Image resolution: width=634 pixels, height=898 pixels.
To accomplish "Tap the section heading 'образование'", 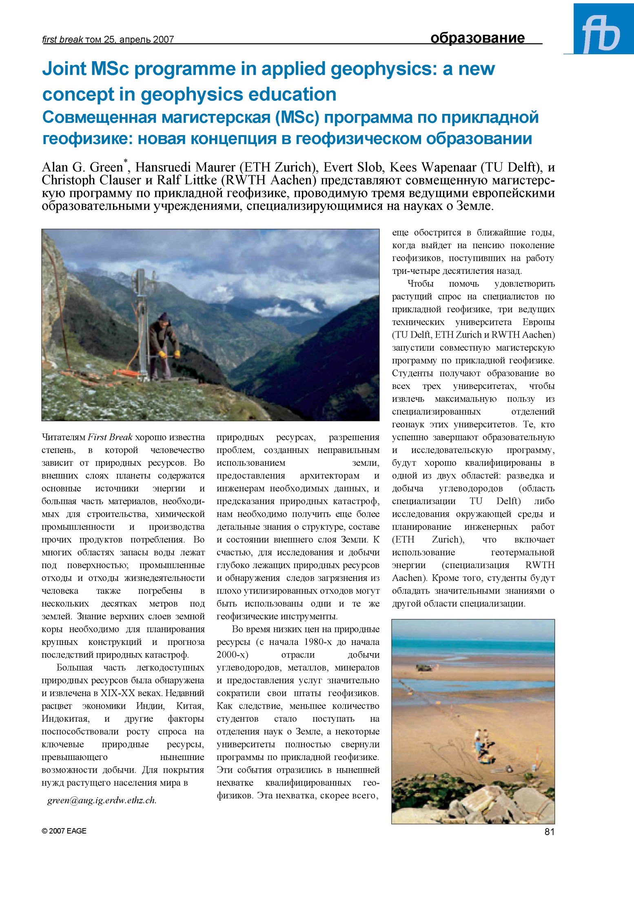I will [477, 38].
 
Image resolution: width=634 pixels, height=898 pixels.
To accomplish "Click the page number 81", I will [549, 831].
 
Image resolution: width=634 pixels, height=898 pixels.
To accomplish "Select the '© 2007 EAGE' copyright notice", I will [64, 831].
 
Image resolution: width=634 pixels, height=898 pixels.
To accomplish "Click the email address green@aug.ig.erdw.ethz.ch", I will [102, 800].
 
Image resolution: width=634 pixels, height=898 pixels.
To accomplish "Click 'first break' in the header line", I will [62, 40].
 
